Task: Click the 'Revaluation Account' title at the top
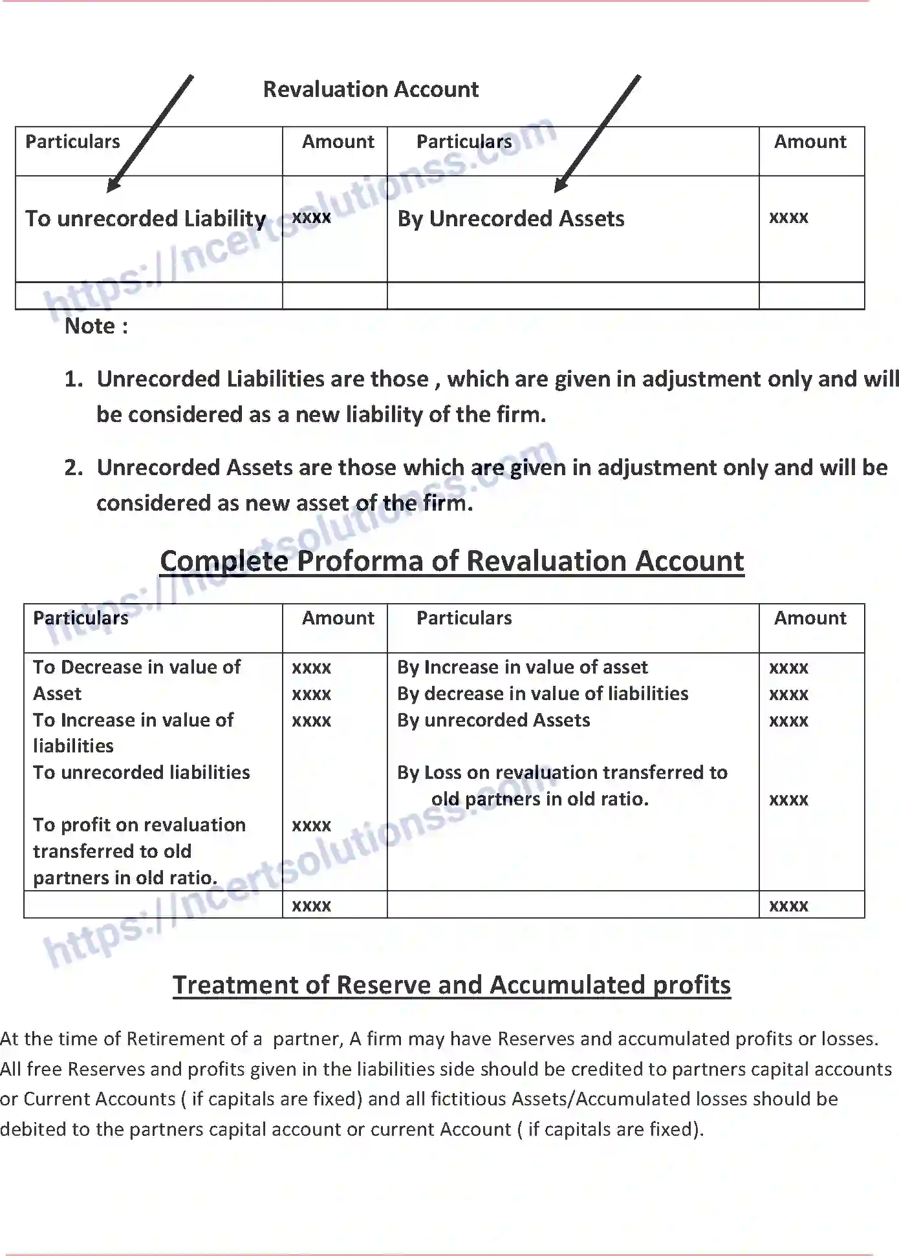tap(371, 89)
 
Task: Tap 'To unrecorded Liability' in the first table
tap(146, 218)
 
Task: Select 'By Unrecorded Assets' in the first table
tap(511, 218)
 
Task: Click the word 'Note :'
tap(96, 326)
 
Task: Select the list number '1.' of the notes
tap(74, 379)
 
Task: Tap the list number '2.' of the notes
tap(74, 467)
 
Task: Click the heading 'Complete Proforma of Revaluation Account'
tap(452, 561)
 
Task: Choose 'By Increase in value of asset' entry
tap(523, 667)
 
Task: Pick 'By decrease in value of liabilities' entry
tap(543, 694)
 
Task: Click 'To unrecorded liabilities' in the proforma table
tap(142, 772)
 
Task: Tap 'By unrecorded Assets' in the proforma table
tap(493, 720)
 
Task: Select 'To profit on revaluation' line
tap(139, 825)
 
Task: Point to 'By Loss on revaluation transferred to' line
tap(562, 772)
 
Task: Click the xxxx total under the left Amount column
tap(311, 906)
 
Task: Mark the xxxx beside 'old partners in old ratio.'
tap(788, 800)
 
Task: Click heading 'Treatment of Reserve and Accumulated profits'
tap(451, 985)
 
